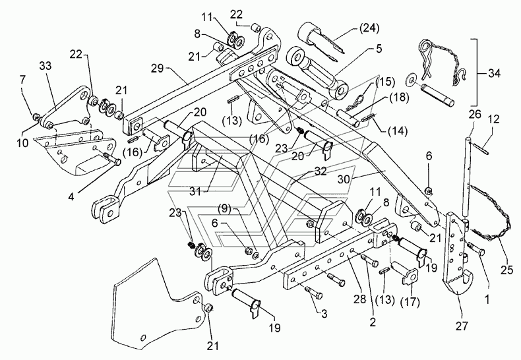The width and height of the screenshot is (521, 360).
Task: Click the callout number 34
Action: [x=494, y=73]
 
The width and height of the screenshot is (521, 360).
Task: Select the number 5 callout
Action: [x=379, y=49]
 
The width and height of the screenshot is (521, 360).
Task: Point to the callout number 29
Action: [x=157, y=69]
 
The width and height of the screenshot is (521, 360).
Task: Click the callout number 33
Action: [x=46, y=66]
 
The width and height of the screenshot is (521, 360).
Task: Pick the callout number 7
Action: [x=22, y=79]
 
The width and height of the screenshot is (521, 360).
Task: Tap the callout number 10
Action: [x=22, y=143]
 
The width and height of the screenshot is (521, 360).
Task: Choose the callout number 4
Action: [x=71, y=196]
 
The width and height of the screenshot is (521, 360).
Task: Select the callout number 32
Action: [x=321, y=171]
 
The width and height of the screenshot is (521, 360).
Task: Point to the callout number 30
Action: [x=344, y=179]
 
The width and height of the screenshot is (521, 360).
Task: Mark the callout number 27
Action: [x=462, y=326]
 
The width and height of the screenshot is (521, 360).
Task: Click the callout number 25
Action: [x=506, y=270]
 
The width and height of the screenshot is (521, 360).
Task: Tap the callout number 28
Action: [x=359, y=299]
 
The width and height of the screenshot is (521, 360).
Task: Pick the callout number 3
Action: [x=324, y=313]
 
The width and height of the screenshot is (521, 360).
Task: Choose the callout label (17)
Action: [x=410, y=302]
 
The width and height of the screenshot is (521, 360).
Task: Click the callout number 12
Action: [x=494, y=119]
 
